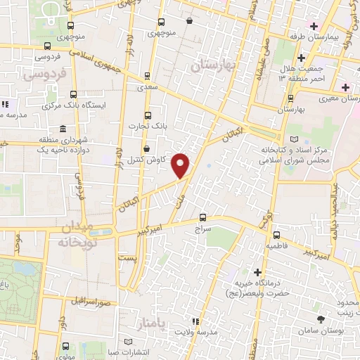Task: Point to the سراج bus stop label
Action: pyautogui.click(x=202, y=229)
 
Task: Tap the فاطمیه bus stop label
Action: pyautogui.click(x=276, y=247)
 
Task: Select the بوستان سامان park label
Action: pyautogui.click(x=321, y=330)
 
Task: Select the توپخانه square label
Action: pyautogui.click(x=72, y=241)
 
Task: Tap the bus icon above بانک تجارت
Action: pyautogui.click(x=147, y=115)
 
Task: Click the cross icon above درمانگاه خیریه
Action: pyautogui.click(x=259, y=271)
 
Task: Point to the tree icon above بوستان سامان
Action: pyautogui.click(x=321, y=319)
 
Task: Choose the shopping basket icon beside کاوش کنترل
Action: pyautogui.click(x=146, y=149)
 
